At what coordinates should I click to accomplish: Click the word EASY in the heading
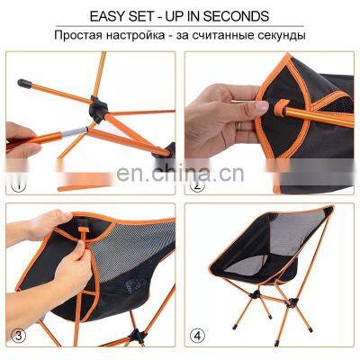point(104,17)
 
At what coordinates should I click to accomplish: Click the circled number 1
point(15,187)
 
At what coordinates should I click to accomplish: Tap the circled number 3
point(15,337)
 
